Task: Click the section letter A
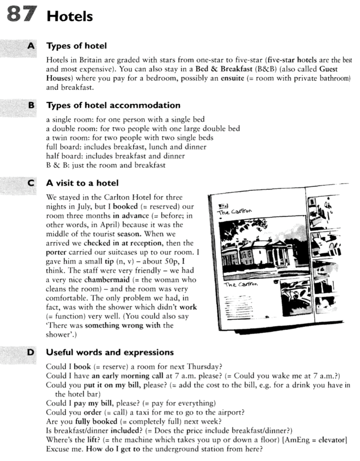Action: (32, 46)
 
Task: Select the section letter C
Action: (32, 183)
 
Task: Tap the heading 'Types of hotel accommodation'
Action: (113, 105)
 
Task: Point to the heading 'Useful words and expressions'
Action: (110, 352)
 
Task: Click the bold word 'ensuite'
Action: (232, 78)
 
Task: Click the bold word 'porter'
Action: (56, 252)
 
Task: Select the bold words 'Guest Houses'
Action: (328, 69)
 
